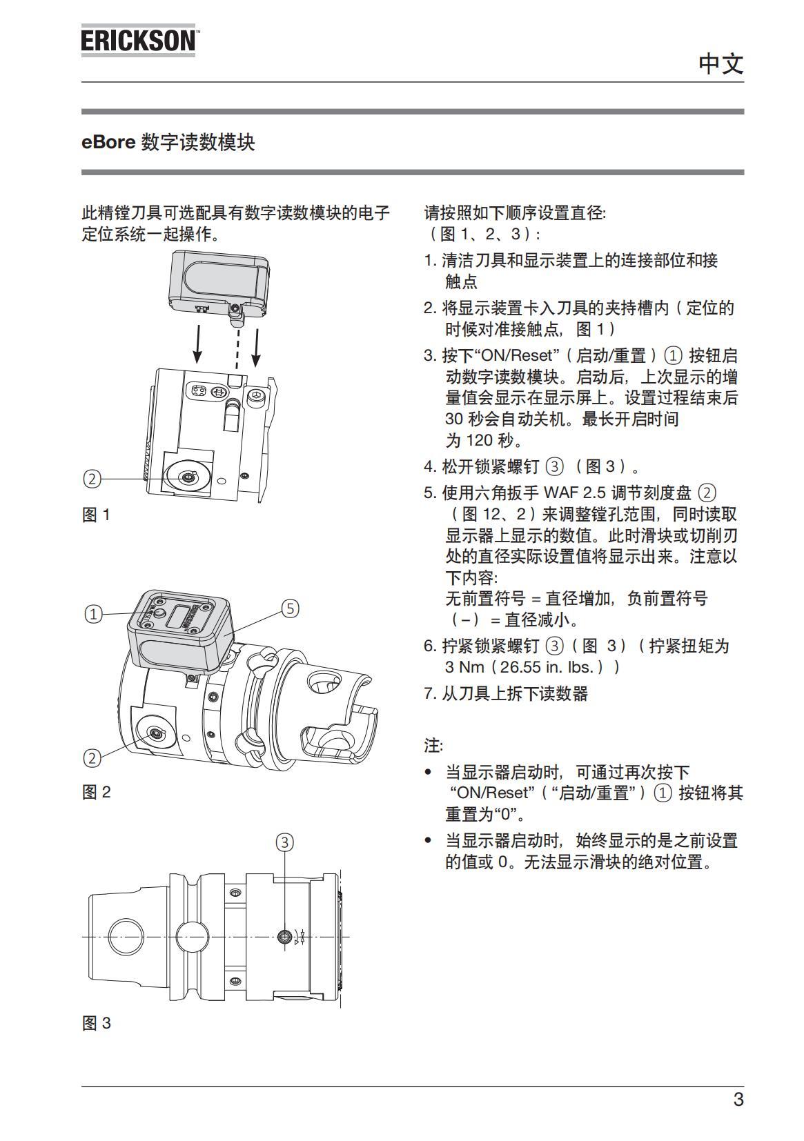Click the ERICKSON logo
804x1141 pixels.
click(138, 41)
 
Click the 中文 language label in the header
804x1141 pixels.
click(720, 63)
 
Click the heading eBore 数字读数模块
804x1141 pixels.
click(168, 142)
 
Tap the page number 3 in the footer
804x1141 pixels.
click(738, 1099)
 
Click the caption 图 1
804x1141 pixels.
click(96, 515)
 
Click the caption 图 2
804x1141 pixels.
click(96, 792)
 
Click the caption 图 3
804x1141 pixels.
click(96, 1023)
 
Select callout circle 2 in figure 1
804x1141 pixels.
click(92, 479)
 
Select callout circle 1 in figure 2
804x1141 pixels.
click(93, 613)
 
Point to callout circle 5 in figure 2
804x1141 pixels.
click(291, 608)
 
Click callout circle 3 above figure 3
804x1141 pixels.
click(285, 842)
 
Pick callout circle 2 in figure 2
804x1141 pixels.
click(92, 758)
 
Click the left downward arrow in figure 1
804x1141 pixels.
click(197, 345)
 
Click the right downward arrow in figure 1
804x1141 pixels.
click(257, 348)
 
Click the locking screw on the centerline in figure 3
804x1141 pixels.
click(284, 936)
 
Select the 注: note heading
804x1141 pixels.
click(433, 746)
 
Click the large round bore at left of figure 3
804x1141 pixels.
click(126, 936)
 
